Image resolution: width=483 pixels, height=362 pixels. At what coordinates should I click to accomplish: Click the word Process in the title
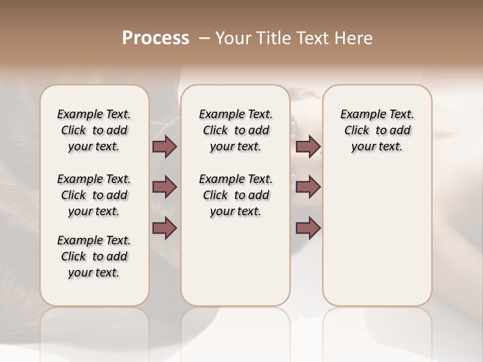[x=155, y=38]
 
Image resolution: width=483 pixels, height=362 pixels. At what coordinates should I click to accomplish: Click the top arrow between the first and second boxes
[x=165, y=147]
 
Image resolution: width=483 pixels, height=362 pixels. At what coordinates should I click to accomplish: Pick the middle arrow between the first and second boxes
[x=165, y=187]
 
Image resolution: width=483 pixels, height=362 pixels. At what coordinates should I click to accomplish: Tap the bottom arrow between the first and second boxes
[x=165, y=228]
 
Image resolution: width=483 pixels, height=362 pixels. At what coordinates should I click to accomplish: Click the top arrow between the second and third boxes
[x=308, y=147]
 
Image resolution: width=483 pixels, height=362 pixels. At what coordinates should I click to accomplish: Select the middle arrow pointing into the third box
[x=308, y=187]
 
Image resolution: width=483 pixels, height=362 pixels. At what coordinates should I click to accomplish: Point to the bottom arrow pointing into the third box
[x=308, y=228]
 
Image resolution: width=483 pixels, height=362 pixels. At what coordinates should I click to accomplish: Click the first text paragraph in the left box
[x=94, y=130]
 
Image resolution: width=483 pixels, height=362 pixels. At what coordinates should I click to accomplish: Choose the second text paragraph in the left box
[x=94, y=195]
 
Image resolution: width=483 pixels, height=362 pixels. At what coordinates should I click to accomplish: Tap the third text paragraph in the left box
[x=94, y=256]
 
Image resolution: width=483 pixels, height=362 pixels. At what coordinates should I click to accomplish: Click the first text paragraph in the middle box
[x=235, y=130]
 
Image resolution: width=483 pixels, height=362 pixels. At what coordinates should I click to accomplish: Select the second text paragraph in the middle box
[x=235, y=195]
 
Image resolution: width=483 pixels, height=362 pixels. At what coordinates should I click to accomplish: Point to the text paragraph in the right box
[x=377, y=130]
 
